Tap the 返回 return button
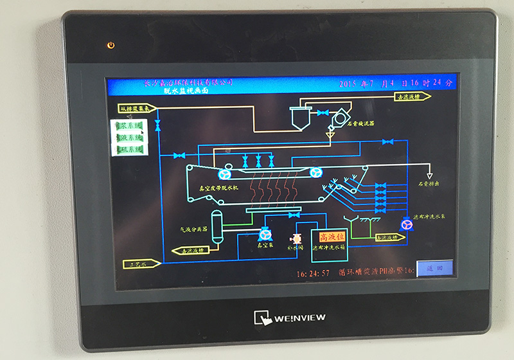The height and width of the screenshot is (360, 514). [434, 269]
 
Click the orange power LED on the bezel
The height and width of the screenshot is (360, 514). [111, 45]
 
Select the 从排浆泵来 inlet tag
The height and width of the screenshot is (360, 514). [137, 108]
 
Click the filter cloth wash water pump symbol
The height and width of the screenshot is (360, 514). [406, 224]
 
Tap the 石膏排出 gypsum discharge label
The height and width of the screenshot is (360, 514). [428, 184]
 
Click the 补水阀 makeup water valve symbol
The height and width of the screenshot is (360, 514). [297, 237]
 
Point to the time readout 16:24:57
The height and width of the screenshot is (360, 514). [313, 273]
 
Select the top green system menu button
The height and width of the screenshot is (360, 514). [128, 126]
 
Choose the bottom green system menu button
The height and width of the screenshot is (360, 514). [128, 149]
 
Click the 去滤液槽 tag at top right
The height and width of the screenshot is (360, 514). [411, 96]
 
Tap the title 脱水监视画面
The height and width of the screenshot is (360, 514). [186, 91]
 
